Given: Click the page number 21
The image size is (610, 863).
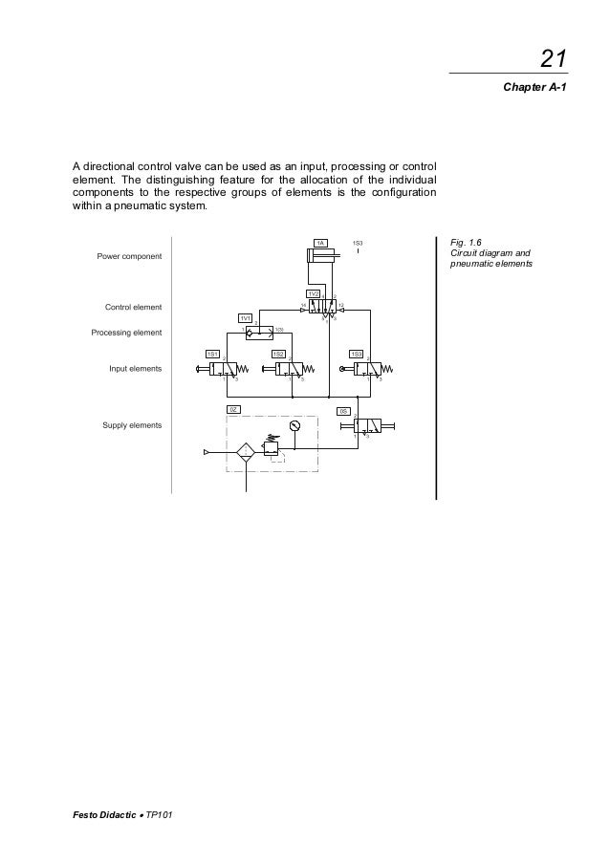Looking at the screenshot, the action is (x=553, y=59).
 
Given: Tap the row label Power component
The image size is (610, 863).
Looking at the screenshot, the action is (x=128, y=256).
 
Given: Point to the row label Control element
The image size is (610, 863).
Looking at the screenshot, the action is (x=132, y=307).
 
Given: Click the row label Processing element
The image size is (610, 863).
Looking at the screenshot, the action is (x=126, y=333).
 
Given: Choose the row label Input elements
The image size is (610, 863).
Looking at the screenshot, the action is (x=134, y=368).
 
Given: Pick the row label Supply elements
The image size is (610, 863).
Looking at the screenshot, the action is (x=132, y=424).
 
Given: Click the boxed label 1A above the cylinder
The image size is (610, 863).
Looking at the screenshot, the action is (x=321, y=244).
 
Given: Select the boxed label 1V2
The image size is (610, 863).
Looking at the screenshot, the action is (x=313, y=292).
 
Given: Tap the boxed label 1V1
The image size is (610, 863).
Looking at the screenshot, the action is (x=246, y=317).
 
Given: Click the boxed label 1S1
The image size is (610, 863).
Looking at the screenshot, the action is (x=213, y=354).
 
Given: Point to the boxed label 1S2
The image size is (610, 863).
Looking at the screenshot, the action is (x=278, y=354).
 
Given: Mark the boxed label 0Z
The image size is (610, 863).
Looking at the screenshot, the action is (x=232, y=409).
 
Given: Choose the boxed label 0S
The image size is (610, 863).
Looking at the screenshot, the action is (x=343, y=411).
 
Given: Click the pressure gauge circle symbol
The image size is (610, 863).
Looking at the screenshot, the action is (x=294, y=424).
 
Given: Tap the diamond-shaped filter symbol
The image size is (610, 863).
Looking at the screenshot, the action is (x=246, y=452).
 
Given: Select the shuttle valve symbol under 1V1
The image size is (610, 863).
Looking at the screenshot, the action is (x=260, y=333).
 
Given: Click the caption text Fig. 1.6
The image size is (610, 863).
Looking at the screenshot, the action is (x=466, y=244).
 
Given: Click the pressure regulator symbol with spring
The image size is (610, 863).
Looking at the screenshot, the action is (x=272, y=446).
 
